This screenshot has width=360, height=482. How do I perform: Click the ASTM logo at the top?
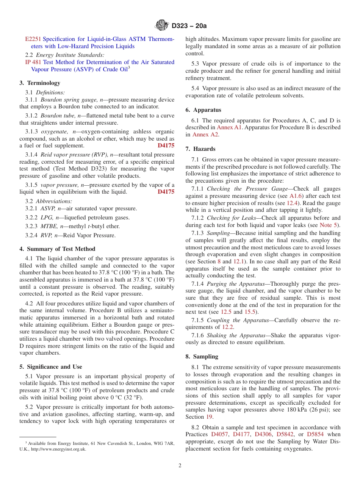coord(162,26)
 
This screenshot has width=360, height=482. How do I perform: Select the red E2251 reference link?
coord(33,39)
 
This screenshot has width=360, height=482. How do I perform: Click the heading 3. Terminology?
coord(40,83)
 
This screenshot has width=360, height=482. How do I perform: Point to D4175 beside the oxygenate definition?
coord(166,146)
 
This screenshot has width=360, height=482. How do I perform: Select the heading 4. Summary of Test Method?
coord(57,249)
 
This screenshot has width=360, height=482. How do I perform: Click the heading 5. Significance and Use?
coord(51,367)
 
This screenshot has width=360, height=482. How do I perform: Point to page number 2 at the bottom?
coord(180,466)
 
